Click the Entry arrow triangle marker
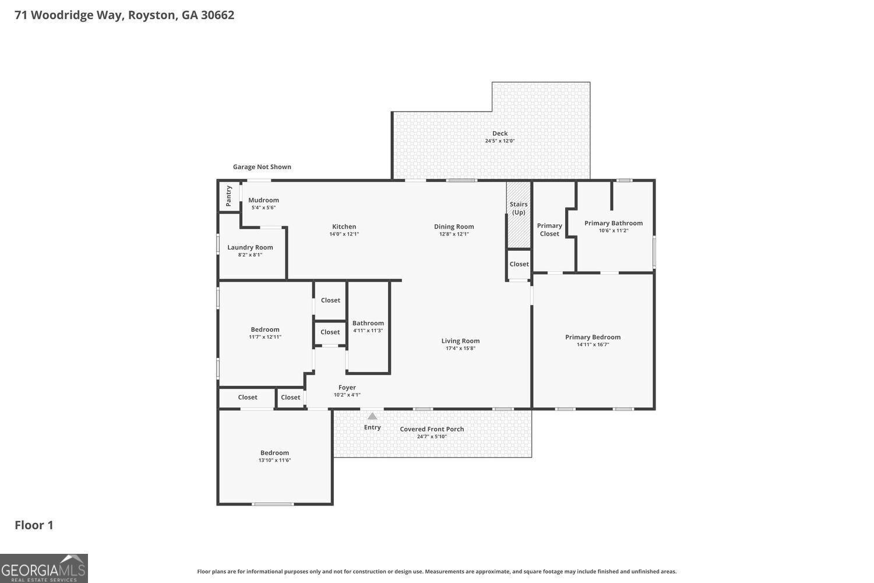pos(372,416)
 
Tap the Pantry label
pos(228,196)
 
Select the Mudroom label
pos(263,200)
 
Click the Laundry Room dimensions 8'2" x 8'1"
pos(250,255)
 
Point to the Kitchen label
pos(344,226)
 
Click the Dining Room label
pos(454,226)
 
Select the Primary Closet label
pos(549,230)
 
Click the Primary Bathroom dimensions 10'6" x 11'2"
pos(614,230)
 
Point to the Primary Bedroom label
pos(593,337)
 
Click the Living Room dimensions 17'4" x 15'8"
pos(460,349)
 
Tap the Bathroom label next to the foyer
pos(368,323)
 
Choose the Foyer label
pos(347,387)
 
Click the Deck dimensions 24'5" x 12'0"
pos(500,141)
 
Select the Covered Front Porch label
pos(432,429)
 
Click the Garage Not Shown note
pos(262,167)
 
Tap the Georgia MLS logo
pos(44,568)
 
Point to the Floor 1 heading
pos(34,525)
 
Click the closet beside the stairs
pos(519,264)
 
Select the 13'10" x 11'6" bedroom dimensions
pos(274,461)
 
